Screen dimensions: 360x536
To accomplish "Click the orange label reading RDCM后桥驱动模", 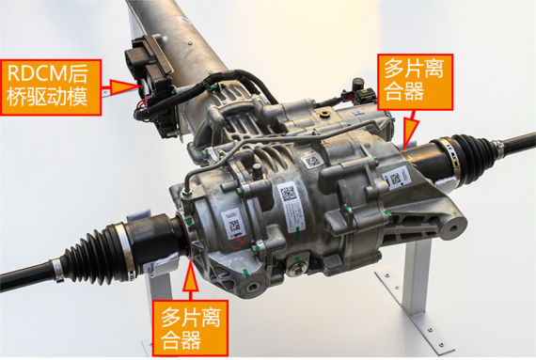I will [x=52, y=86].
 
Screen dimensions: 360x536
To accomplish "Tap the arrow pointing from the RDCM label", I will [x=121, y=87].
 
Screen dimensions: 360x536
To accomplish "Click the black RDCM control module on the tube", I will [x=150, y=80].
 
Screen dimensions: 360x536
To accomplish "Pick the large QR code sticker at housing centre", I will [x=289, y=195].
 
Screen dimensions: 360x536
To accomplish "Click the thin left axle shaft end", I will [x=24, y=276].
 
